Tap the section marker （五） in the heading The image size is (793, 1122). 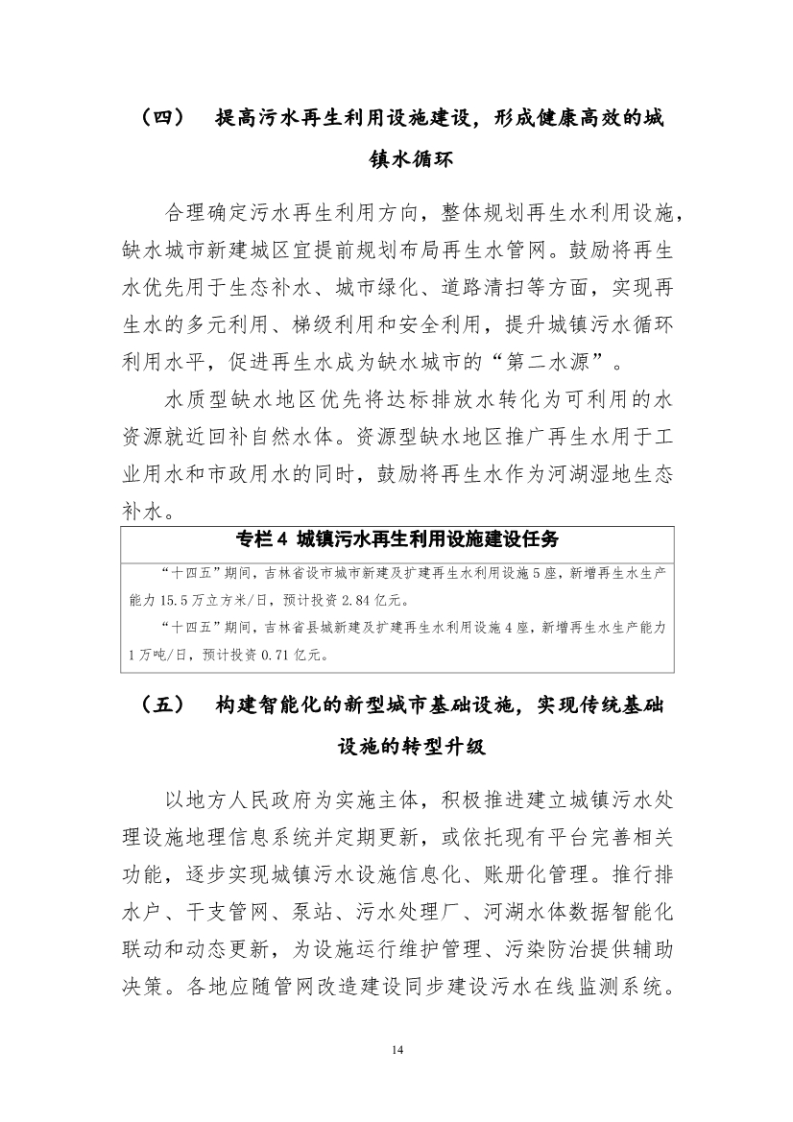point(161,705)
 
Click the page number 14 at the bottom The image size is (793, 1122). point(396,1050)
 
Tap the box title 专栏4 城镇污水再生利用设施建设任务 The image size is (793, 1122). point(396,539)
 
